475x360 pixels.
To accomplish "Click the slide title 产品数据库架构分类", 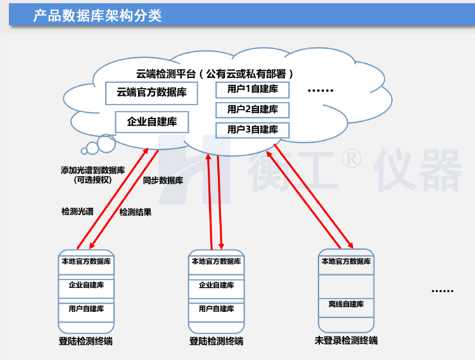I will (x=98, y=15).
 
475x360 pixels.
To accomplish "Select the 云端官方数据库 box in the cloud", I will (x=151, y=93).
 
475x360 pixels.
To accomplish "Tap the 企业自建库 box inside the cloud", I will (x=152, y=121).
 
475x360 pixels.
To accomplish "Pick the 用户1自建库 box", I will (x=252, y=89).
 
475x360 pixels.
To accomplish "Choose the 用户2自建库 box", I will (x=252, y=110).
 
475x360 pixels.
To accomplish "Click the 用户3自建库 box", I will (x=252, y=130).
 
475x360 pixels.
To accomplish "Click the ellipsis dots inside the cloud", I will (x=320, y=91).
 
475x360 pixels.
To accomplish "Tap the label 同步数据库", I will (x=163, y=181).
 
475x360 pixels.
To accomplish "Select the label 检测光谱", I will (x=77, y=212).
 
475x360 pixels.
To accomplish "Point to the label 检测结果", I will (x=135, y=212).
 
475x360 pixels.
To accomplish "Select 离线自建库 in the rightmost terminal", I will (x=346, y=304).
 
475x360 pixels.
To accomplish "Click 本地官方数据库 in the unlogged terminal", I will (x=346, y=261).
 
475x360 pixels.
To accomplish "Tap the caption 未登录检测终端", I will (x=346, y=340).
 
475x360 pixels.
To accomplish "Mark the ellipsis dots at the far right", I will (x=442, y=291).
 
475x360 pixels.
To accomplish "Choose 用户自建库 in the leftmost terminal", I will (x=86, y=309).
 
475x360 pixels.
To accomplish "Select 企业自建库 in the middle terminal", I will (x=216, y=285).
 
